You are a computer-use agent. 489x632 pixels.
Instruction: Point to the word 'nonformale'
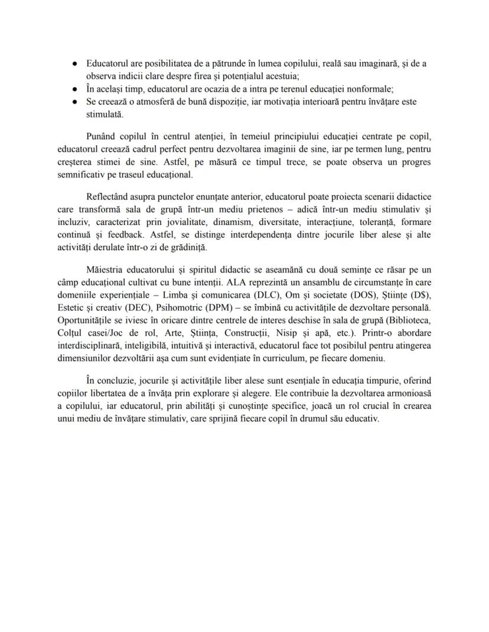click(x=371, y=89)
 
